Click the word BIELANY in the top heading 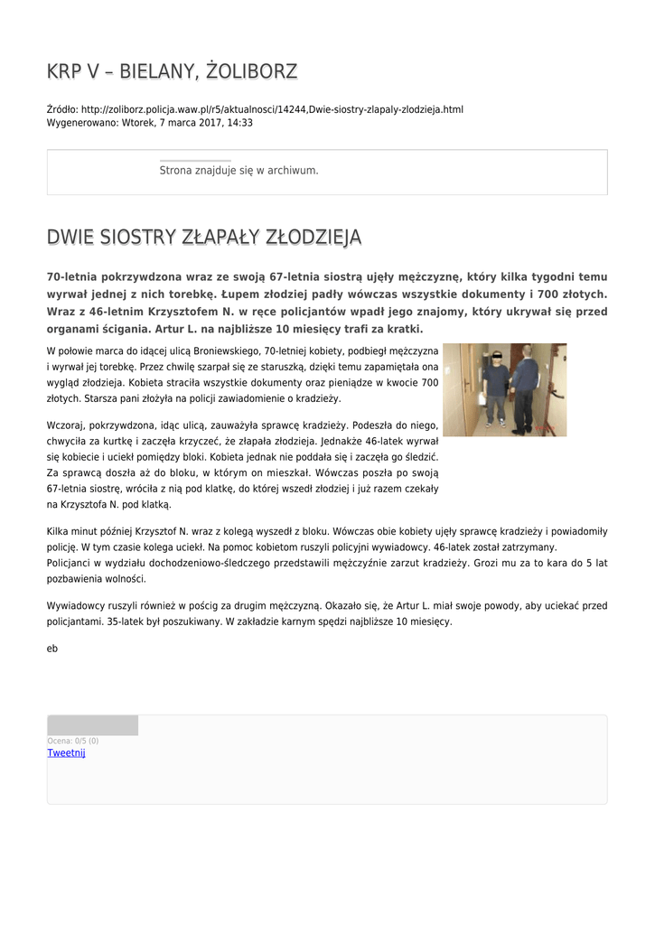tap(154, 71)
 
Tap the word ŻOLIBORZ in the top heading tap(252, 71)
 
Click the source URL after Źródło tap(271, 109)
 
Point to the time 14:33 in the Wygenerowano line tap(239, 123)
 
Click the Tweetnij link tap(66, 752)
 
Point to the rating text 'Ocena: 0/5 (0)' tap(73, 741)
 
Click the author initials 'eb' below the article tap(51, 649)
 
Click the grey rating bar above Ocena tap(92, 725)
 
